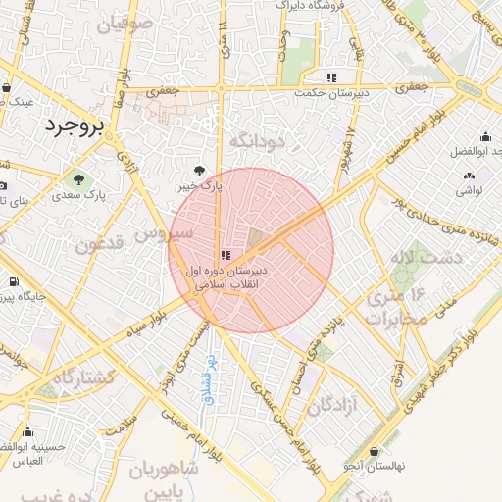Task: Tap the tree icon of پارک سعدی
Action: pos(77,179)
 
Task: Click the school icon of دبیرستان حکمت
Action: pos(331,76)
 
